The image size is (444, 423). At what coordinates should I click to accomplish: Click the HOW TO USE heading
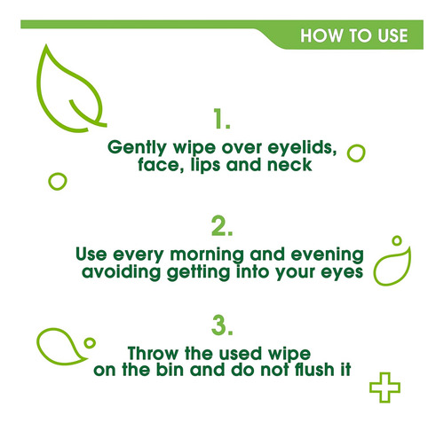(x=354, y=35)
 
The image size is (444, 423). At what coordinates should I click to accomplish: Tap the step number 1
(x=222, y=119)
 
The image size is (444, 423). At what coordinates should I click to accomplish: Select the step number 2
(x=222, y=226)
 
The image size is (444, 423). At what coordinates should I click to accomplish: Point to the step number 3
(x=222, y=325)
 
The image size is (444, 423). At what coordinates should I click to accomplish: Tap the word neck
(x=289, y=165)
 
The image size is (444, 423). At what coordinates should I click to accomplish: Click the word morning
(x=207, y=255)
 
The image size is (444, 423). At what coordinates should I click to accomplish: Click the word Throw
(x=153, y=353)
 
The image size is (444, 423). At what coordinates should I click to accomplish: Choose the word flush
(x=314, y=370)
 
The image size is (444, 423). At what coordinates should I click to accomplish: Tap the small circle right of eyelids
(x=348, y=153)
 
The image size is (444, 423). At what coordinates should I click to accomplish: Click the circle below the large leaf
(x=49, y=182)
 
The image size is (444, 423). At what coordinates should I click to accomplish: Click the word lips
(x=205, y=165)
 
